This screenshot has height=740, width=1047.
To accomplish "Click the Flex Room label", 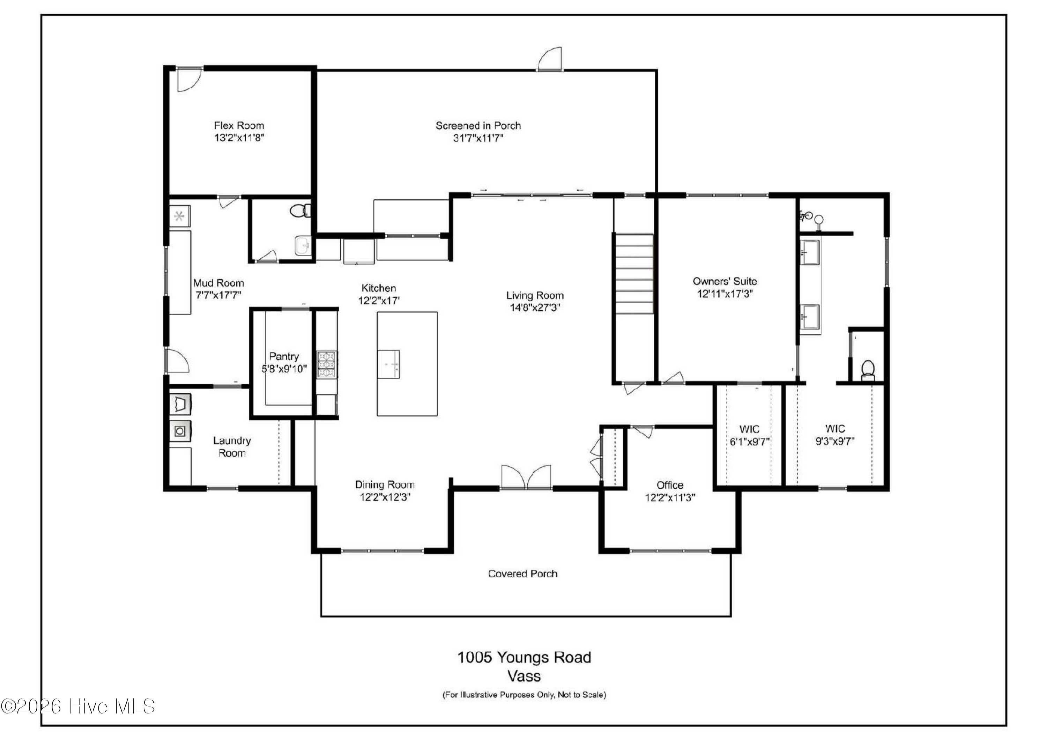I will coord(239,125).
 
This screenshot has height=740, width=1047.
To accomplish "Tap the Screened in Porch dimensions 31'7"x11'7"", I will coord(478,138).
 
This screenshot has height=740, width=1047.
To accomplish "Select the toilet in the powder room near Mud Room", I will coord(299,210).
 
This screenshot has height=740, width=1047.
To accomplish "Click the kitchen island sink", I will coord(388,364).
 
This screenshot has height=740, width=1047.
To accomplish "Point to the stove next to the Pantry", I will coord(327,364).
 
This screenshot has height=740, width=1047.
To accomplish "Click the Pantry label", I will coord(284,356).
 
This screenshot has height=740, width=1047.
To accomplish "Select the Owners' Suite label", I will coord(725,281).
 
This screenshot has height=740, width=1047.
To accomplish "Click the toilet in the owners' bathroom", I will coord(867,370).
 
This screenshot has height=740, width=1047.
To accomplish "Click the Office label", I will coord(669,485).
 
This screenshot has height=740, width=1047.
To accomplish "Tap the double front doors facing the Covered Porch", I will coord(526,478).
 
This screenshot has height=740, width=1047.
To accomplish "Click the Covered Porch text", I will coord(522,573).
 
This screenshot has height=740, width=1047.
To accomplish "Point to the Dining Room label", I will coord(384,485).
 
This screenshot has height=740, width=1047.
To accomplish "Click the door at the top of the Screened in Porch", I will coord(550,59).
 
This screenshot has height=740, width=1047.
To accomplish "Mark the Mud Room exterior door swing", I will coord(177,361).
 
